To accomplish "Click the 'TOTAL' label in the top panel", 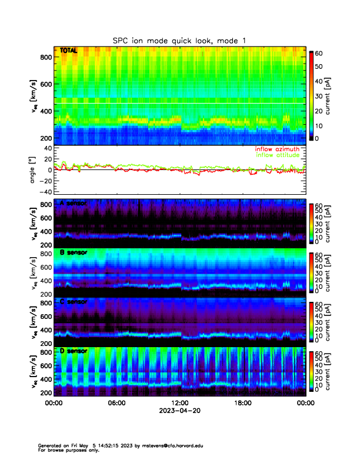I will pos(68,51).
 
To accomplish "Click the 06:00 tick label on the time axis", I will pos(116,403).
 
